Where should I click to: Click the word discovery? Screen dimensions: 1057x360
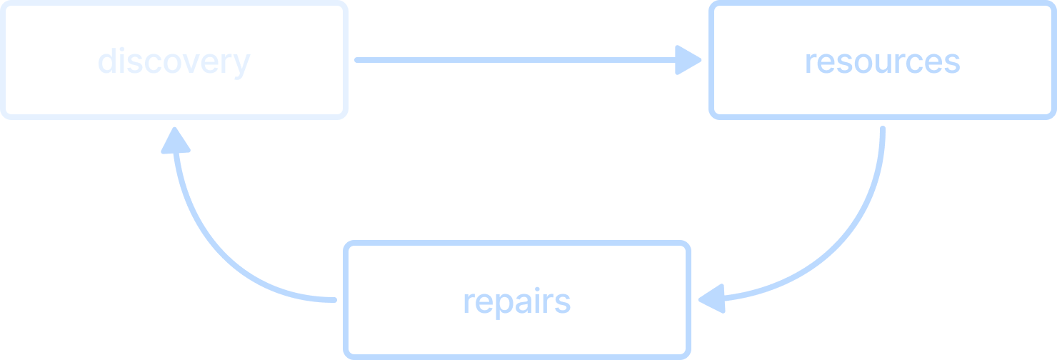point(174,62)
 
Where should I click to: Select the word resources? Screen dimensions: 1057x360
point(883,62)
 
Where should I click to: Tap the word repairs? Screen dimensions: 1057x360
point(517,302)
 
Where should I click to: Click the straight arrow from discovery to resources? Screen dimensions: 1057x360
point(528,60)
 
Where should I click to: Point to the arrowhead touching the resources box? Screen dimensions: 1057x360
point(688,60)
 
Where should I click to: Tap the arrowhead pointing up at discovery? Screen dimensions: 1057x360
point(175,140)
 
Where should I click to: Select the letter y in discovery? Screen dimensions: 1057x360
point(241,65)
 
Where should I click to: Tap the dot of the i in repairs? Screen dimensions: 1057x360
point(537,289)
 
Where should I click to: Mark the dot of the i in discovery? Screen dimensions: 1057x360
point(121,49)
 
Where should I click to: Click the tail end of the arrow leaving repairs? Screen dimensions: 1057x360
point(334,300)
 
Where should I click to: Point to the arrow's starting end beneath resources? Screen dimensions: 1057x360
point(883,129)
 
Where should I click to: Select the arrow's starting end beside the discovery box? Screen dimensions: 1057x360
point(357,60)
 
